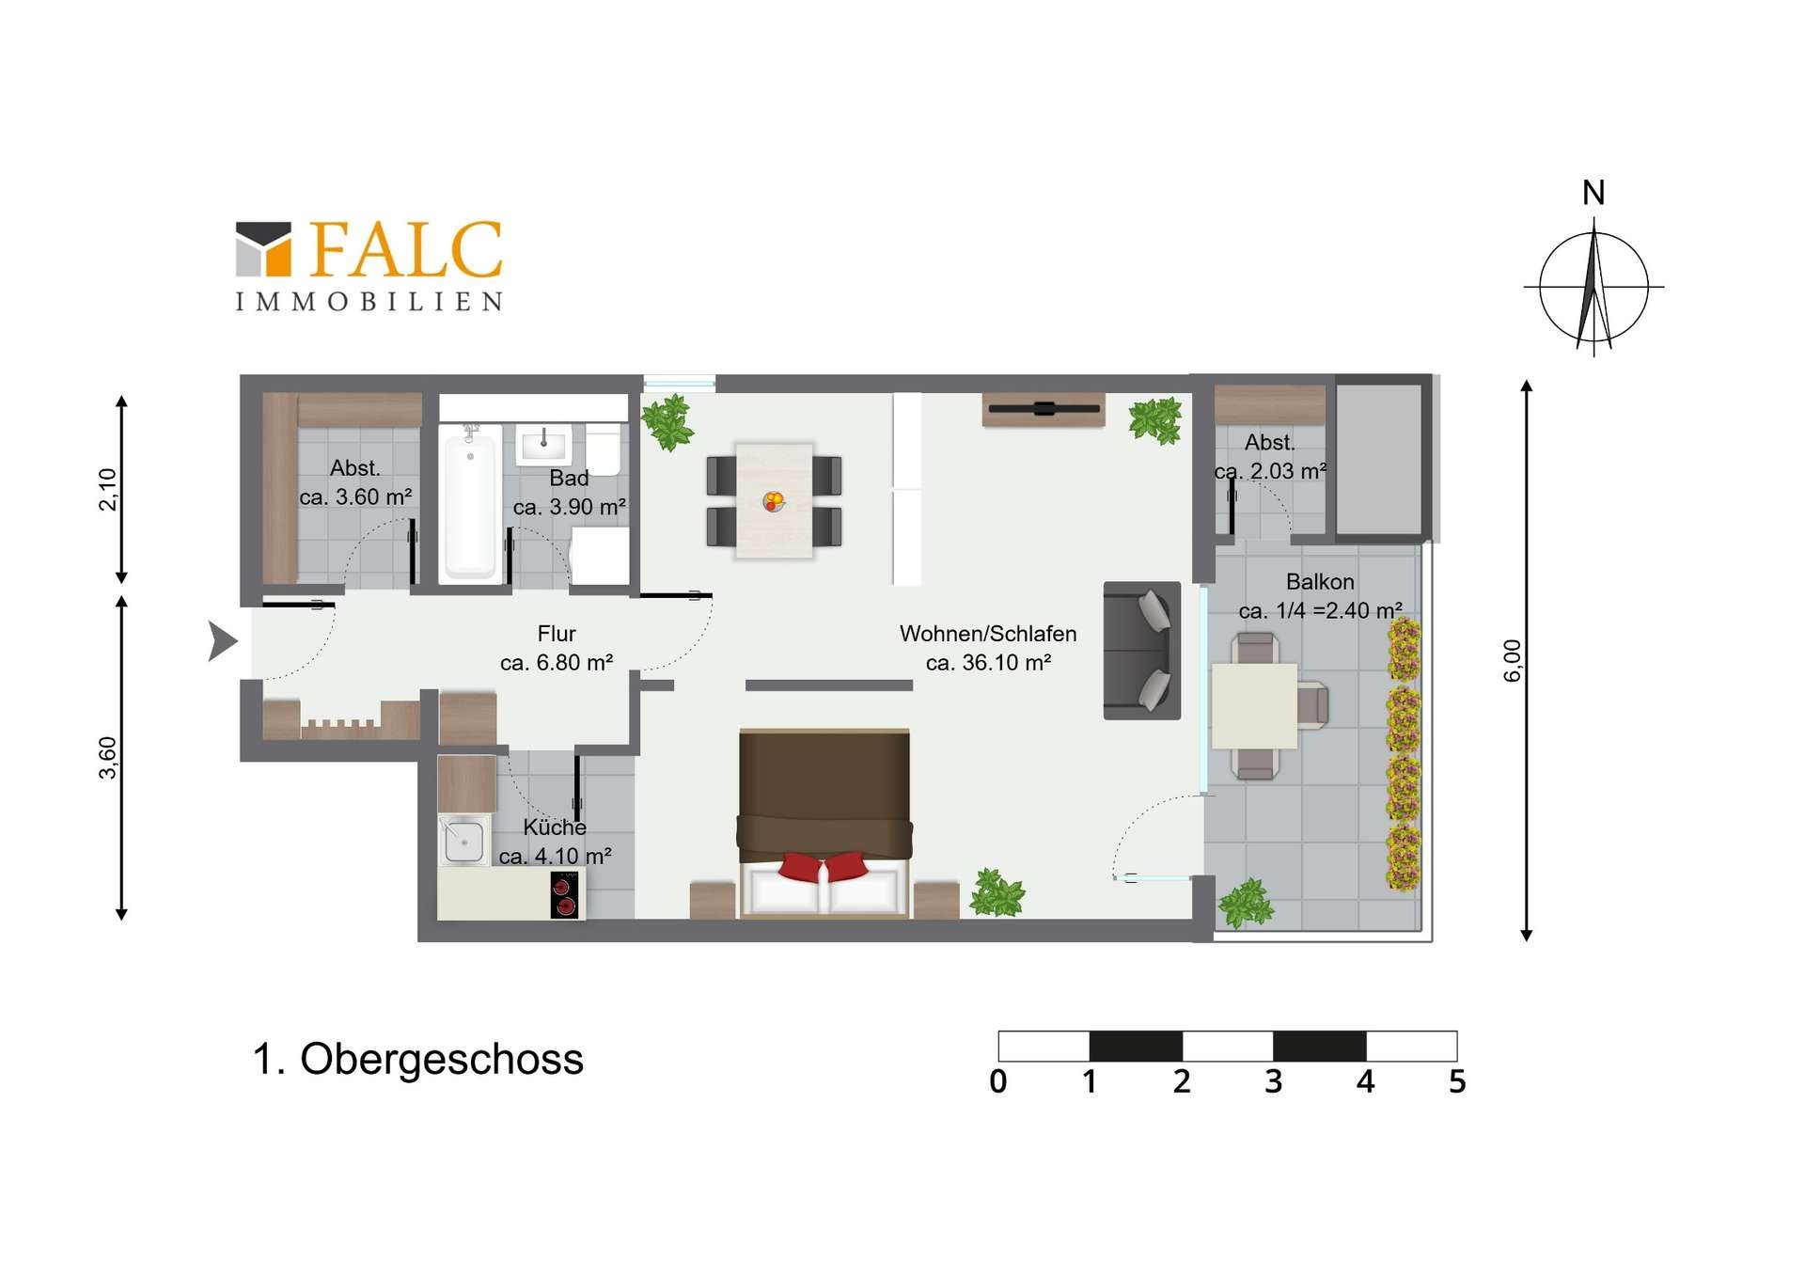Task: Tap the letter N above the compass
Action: pos(1593,193)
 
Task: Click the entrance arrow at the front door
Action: pos(222,641)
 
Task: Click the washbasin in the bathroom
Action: pos(543,443)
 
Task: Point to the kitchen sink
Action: pos(463,840)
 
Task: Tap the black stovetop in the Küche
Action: pos(565,893)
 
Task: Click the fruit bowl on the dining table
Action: pos(774,501)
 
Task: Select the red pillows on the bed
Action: pos(824,866)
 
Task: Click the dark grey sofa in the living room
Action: pos(1141,651)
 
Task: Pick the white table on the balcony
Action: pos(1254,705)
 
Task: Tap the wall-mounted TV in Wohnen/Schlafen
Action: pos(1044,409)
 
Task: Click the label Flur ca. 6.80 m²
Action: pos(557,648)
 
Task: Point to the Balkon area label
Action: pos(1321,596)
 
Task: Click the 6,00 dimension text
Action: pos(1512,660)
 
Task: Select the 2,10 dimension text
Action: pos(108,489)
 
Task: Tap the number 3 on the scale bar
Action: pos(1273,1081)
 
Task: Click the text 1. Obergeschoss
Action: pos(418,1059)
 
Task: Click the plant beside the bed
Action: pos(997,892)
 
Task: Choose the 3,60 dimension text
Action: pos(108,758)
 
